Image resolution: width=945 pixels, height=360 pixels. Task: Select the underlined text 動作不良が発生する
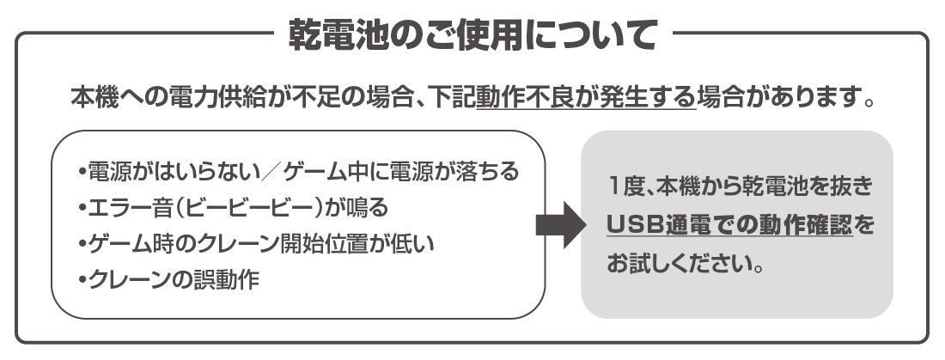585,99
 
